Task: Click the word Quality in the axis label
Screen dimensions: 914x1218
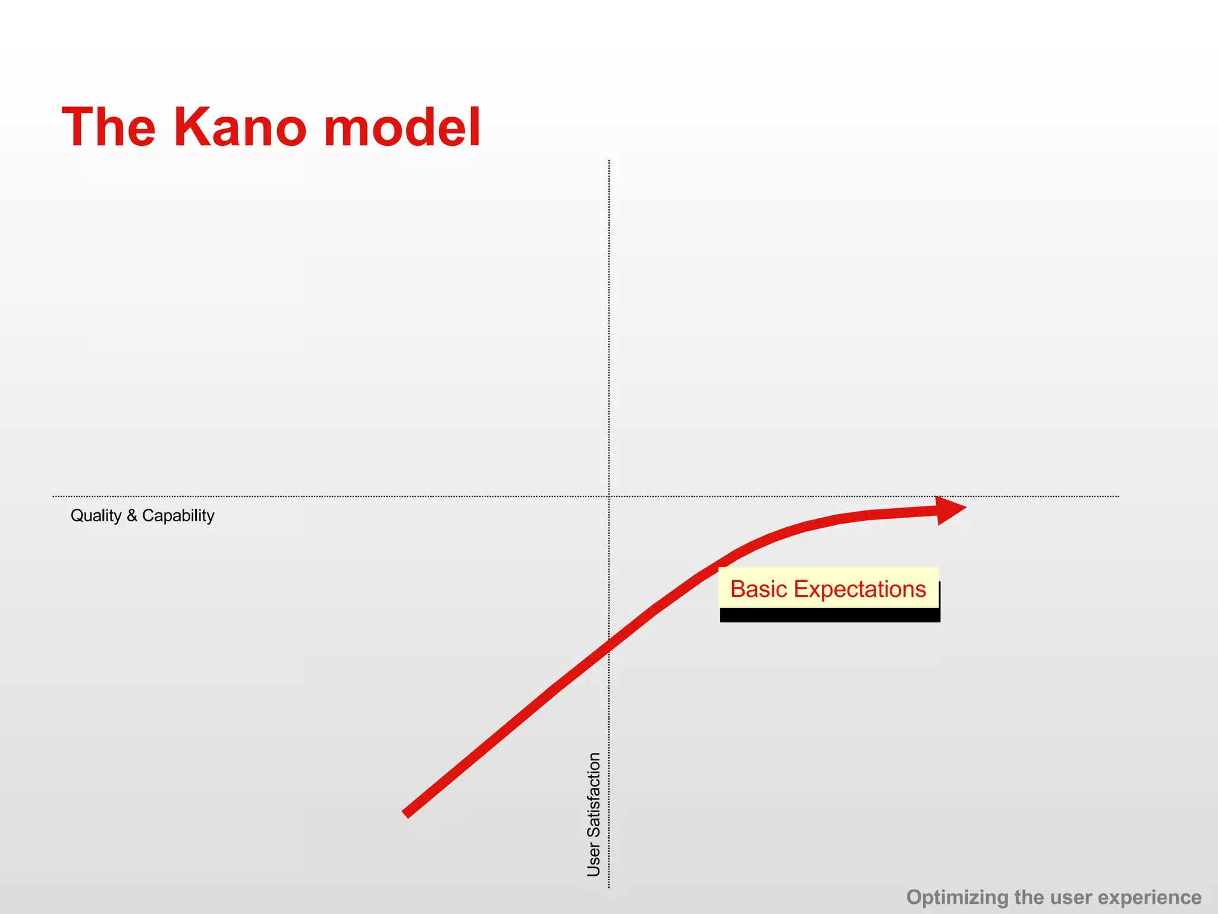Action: pos(96,515)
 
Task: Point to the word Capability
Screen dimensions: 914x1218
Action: pos(178,515)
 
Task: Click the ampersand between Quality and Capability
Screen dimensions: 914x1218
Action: pos(131,515)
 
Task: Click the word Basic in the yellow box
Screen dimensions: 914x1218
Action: pos(759,589)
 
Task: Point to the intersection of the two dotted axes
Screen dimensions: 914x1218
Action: pos(609,496)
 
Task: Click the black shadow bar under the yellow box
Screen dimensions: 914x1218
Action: pos(830,615)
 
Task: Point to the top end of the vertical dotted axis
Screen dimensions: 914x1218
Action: pos(609,161)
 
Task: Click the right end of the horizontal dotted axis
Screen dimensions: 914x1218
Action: pos(1118,496)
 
